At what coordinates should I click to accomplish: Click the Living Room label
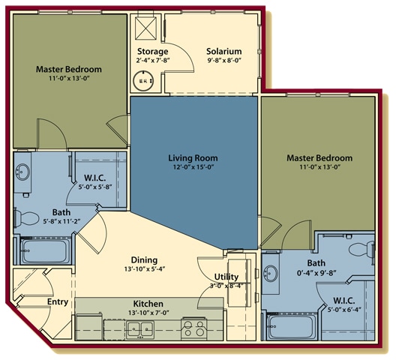pos(193,158)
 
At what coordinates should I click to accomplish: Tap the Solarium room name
pos(224,51)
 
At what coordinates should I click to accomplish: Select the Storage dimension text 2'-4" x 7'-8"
pos(152,61)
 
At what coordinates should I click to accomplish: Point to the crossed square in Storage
pos(146,28)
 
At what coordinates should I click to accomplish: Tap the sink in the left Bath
pos(22,172)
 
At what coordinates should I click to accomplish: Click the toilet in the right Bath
pos(361,250)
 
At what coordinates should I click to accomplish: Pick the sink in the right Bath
pos(271,273)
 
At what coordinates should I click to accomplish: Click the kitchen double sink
pos(140,328)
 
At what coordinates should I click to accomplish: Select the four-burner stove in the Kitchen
pos(194,328)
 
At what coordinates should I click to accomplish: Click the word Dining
pos(144,260)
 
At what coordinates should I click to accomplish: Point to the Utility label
pos(226,277)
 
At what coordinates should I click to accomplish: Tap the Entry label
pos(58,301)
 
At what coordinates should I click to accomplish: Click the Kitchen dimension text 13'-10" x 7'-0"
pos(148,313)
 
